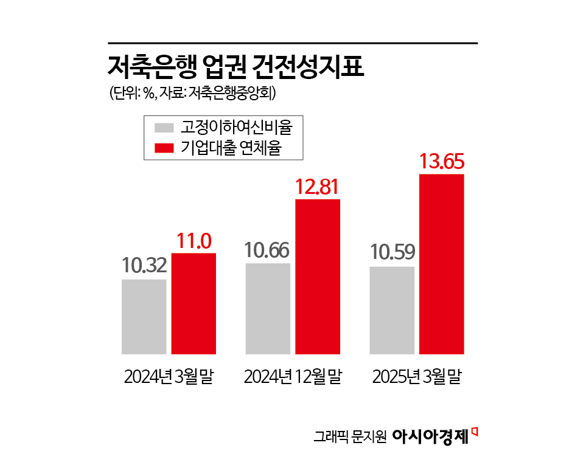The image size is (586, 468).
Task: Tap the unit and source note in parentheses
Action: pyautogui.click(x=193, y=94)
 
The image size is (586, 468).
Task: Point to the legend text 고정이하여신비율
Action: pyautogui.click(x=236, y=128)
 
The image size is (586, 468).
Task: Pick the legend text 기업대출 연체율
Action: pyautogui.click(x=231, y=148)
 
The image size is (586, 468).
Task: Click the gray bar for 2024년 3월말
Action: pyautogui.click(x=144, y=316)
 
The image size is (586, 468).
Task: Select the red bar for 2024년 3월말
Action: pyautogui.click(x=194, y=303)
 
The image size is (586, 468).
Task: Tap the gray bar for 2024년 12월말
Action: pyautogui.click(x=268, y=308)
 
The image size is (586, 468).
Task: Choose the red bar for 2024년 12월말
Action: pyautogui.click(x=318, y=276)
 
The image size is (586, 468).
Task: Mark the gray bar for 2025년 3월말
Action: pyautogui.click(x=392, y=310)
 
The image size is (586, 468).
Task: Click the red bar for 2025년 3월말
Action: pyautogui.click(x=442, y=264)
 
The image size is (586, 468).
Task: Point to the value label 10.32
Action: pyautogui.click(x=144, y=266)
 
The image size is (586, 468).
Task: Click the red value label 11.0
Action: pyautogui.click(x=194, y=241)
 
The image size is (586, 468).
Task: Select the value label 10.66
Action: pyautogui.click(x=267, y=250)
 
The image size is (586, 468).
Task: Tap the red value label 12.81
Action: pyautogui.click(x=317, y=187)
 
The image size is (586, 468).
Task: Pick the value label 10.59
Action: pyautogui.click(x=392, y=252)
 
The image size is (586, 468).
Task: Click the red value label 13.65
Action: pyautogui.click(x=442, y=162)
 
